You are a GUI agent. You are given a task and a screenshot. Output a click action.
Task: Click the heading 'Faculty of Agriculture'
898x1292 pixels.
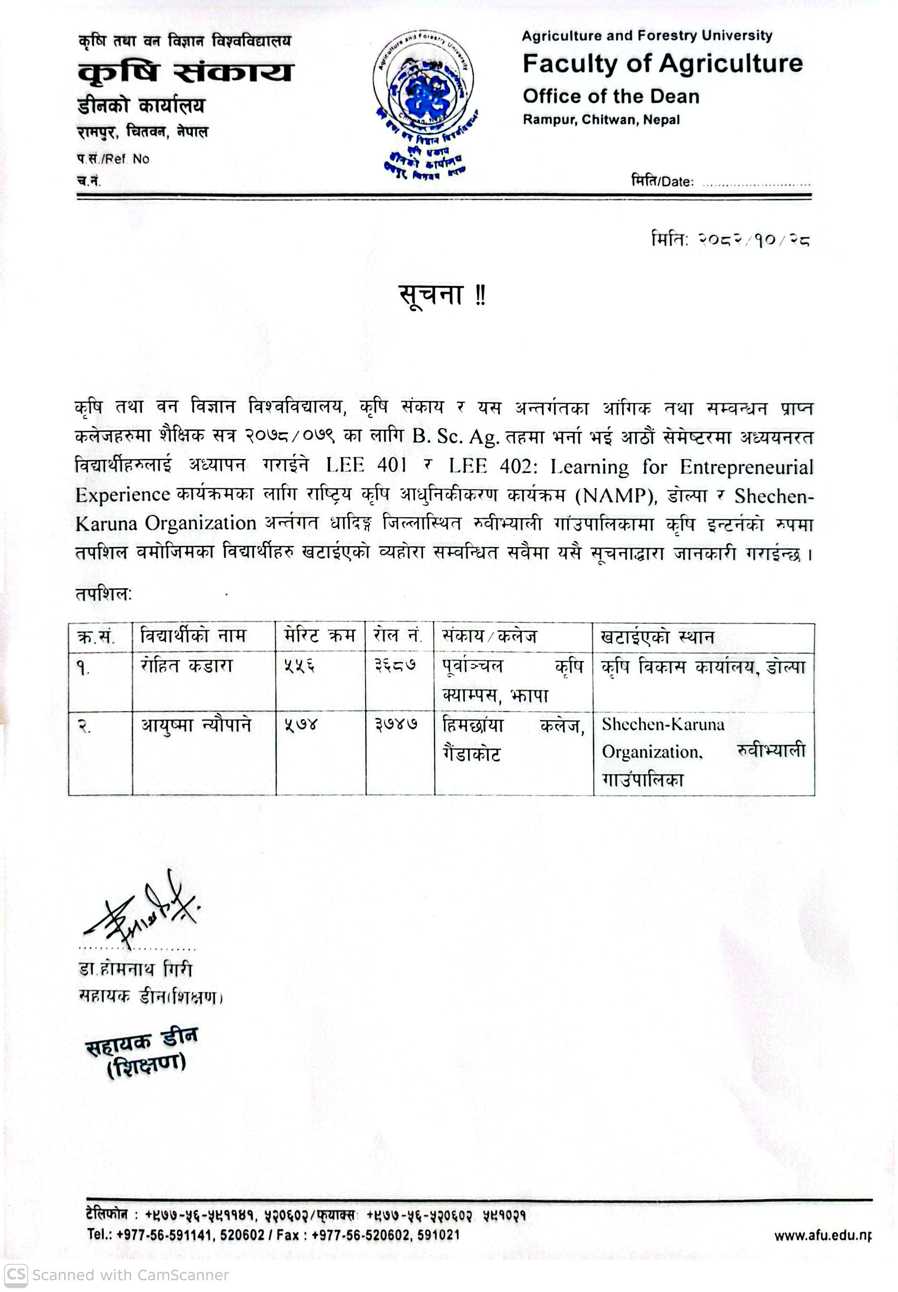click(x=662, y=63)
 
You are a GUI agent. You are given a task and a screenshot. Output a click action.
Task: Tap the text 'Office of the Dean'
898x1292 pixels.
click(x=610, y=96)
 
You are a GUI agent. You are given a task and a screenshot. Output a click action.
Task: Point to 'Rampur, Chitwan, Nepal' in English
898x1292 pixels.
click(x=601, y=120)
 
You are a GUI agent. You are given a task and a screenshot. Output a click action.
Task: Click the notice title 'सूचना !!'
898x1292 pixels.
click(x=442, y=295)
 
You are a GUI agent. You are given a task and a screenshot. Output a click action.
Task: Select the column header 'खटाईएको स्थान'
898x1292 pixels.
click(x=657, y=637)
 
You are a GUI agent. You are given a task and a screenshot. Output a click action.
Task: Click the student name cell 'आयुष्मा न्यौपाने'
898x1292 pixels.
click(x=196, y=725)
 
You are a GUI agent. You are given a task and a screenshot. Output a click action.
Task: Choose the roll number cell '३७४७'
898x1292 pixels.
click(x=396, y=725)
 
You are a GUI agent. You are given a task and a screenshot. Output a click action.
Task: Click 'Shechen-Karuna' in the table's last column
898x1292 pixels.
click(x=663, y=725)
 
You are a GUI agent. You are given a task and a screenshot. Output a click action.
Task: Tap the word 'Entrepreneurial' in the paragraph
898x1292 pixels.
click(x=746, y=467)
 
